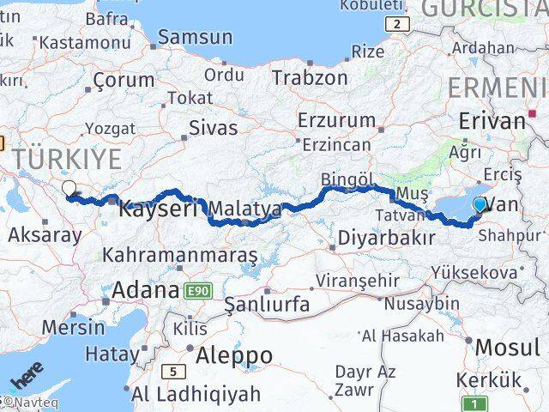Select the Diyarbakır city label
point(387,238)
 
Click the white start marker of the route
point(68,188)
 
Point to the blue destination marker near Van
point(480,204)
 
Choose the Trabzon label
point(310,77)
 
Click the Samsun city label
point(195,37)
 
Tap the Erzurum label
point(336,120)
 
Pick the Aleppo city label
point(234,354)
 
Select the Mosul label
point(508,347)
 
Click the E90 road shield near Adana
point(196,291)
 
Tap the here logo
point(27,378)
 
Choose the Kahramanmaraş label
point(179,255)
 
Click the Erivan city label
point(492,121)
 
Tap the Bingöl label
point(347,180)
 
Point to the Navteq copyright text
point(26,401)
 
